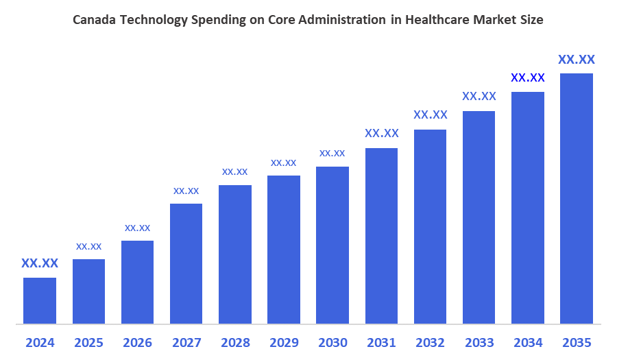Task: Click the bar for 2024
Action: click(40, 300)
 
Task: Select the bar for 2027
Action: click(186, 263)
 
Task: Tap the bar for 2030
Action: click(332, 245)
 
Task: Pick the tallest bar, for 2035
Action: click(576, 198)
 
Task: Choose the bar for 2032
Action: click(430, 226)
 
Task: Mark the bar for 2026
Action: click(137, 282)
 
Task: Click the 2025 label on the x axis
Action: click(88, 342)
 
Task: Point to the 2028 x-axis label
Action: click(235, 342)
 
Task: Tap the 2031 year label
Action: click(381, 342)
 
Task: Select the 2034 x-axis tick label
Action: click(527, 342)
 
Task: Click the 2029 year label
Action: click(284, 342)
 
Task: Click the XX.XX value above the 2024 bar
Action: click(40, 263)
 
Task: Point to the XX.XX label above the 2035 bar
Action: click(576, 59)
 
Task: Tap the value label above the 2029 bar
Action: click(284, 163)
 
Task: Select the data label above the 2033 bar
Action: click(479, 96)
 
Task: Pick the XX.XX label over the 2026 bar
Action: click(137, 228)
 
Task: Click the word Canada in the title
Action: click(95, 21)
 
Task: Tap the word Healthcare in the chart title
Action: click(435, 21)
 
